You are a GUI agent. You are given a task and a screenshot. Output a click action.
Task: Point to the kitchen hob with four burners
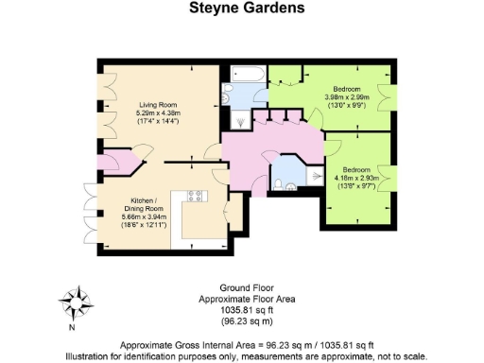click(197, 196)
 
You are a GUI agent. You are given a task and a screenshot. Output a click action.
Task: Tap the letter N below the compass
click(72, 327)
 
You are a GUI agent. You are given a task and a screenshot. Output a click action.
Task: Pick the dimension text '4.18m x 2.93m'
click(355, 177)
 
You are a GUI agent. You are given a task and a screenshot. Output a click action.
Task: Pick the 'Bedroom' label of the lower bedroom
click(355, 166)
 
